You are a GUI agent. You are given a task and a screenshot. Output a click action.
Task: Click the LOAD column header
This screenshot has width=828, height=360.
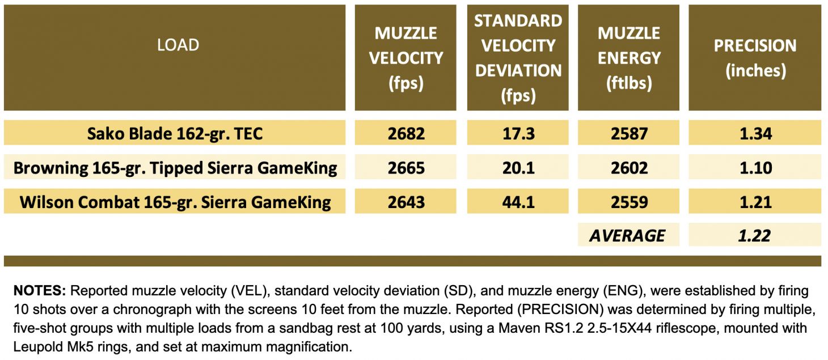coord(178,45)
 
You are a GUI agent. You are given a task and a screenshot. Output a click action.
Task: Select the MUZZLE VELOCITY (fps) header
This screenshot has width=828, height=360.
coord(405,58)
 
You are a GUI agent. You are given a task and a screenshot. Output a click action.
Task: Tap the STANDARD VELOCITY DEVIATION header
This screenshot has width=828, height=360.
coord(518,58)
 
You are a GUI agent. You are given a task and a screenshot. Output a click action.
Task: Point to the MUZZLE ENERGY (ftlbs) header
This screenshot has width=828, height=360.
coord(628,58)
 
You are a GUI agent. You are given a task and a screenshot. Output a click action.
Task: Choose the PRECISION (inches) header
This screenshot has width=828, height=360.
coord(755,58)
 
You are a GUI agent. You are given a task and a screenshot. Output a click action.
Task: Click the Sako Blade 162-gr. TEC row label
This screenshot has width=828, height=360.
coord(175,134)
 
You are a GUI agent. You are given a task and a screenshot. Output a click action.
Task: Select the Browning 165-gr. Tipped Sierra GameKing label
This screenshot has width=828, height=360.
coord(175,168)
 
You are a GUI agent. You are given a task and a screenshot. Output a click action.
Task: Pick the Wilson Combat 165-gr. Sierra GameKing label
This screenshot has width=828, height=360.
coord(175,202)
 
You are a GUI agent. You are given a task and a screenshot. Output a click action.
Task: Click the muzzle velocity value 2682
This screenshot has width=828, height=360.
coord(405,134)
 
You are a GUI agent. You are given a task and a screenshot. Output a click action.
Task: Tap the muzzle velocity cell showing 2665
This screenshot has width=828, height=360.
coord(405,168)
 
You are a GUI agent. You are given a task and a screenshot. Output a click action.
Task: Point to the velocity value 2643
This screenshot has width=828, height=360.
coord(405,202)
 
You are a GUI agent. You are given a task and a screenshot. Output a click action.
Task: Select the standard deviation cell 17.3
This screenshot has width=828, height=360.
coord(518,134)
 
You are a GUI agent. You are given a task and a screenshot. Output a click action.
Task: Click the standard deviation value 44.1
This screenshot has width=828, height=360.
coord(518,202)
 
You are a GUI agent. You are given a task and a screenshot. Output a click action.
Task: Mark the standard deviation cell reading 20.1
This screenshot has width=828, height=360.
coord(518,168)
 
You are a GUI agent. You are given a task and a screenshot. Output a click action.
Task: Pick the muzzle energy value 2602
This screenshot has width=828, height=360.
coord(628,168)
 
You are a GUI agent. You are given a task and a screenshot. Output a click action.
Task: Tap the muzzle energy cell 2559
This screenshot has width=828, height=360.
coord(628,202)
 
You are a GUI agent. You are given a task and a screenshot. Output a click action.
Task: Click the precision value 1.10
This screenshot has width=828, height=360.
coord(755,168)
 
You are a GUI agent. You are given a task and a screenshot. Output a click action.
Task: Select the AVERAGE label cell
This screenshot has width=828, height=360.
coord(627,235)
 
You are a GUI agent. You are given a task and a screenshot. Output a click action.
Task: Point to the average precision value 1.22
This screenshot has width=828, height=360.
coord(755,235)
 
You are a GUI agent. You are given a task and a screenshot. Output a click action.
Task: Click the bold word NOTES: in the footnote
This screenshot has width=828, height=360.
coord(40,291)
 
